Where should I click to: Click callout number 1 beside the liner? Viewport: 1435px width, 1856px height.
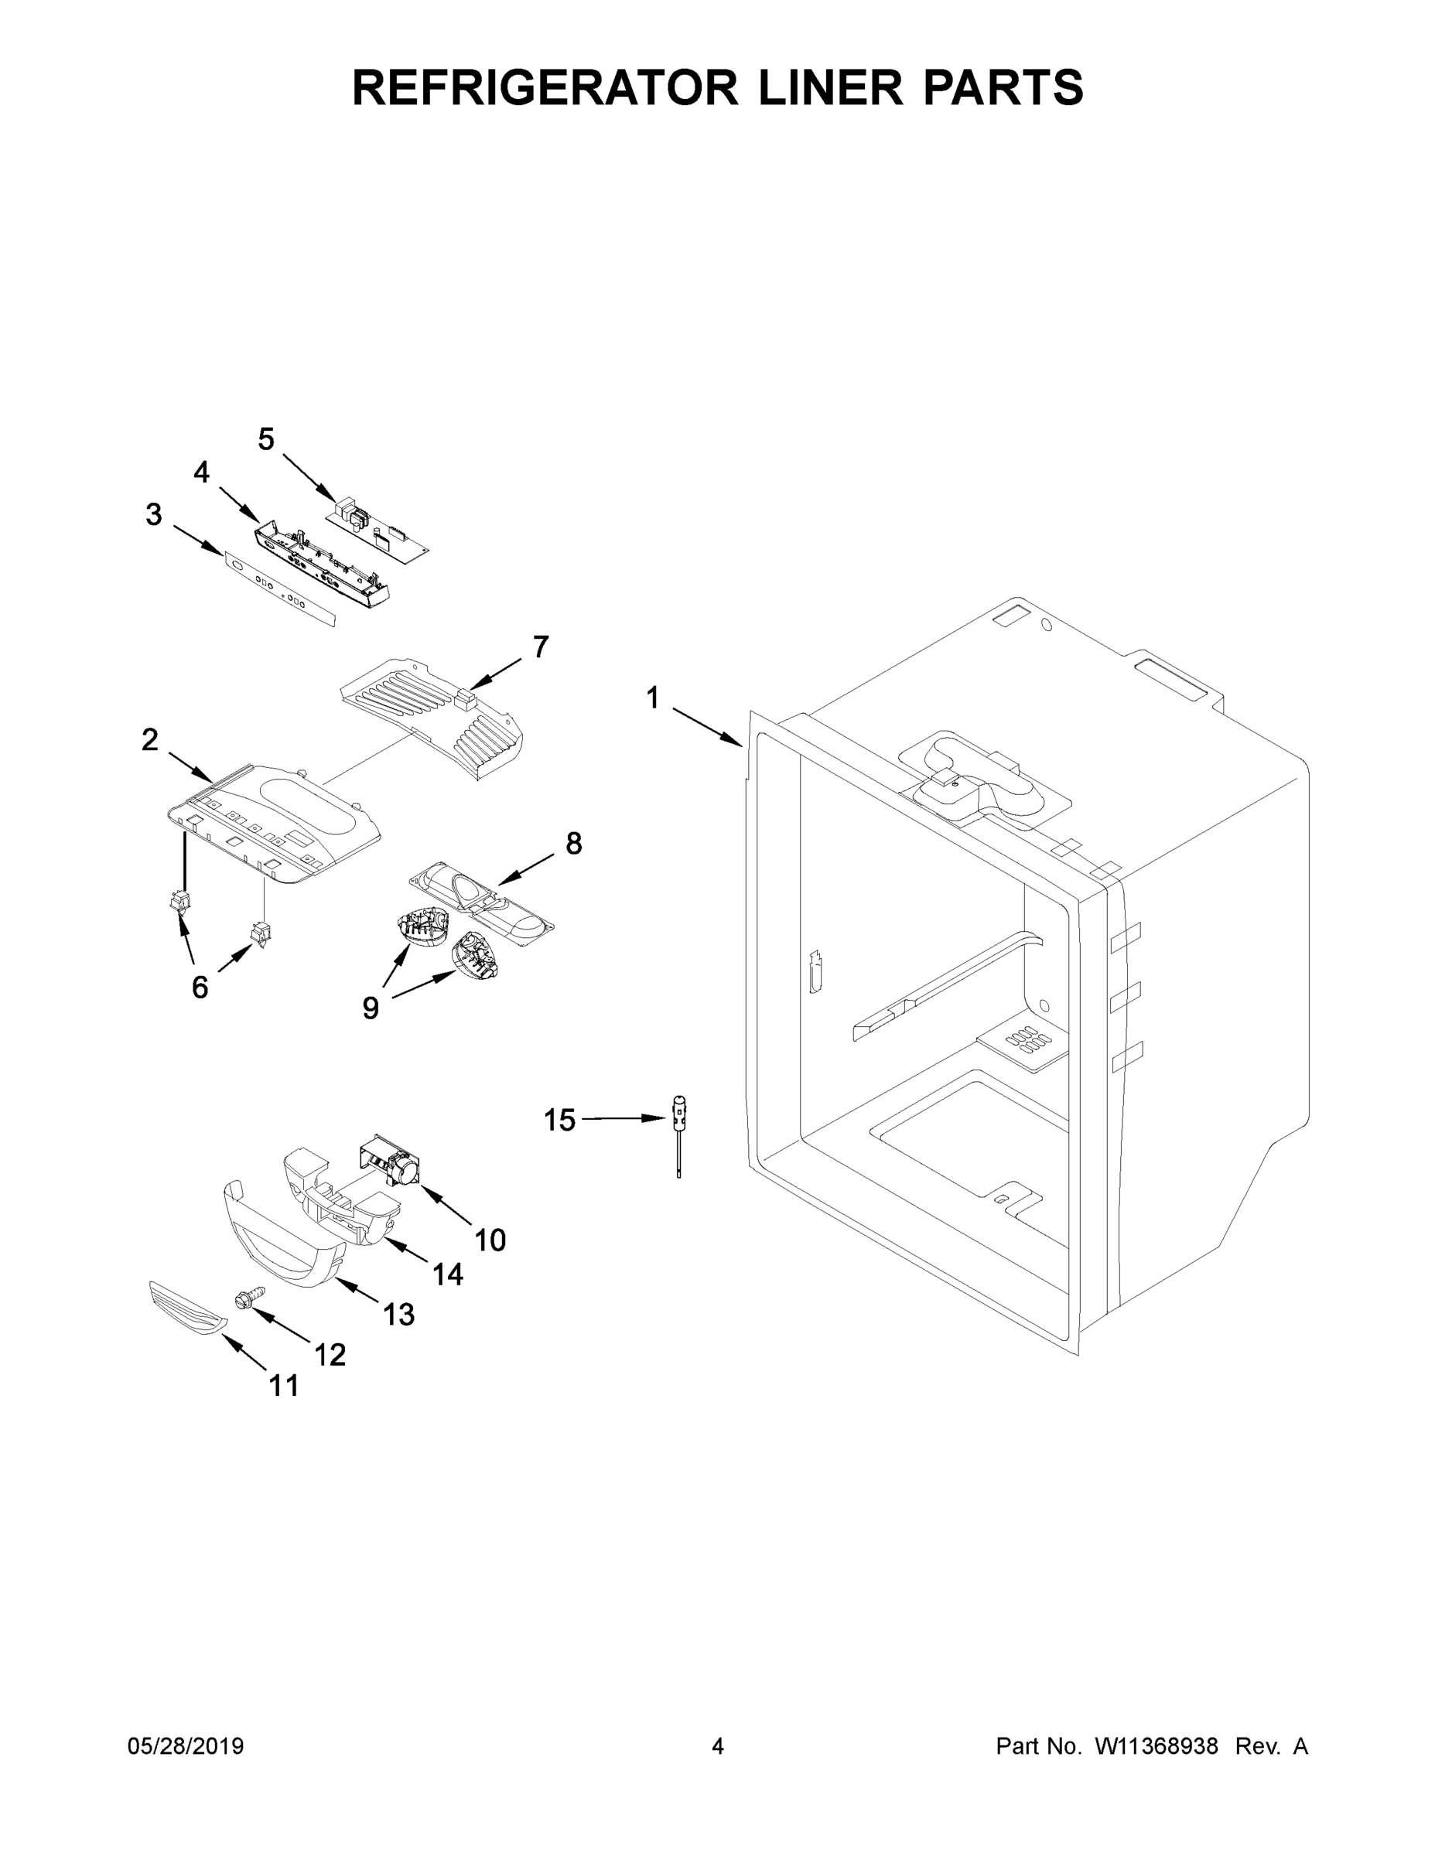(x=652, y=698)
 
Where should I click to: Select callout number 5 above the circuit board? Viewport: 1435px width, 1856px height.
(x=266, y=439)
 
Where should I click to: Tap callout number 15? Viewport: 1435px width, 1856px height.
(x=559, y=1120)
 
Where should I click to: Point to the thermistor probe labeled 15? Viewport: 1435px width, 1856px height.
(x=679, y=1134)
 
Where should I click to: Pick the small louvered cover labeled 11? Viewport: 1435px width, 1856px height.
(x=188, y=1309)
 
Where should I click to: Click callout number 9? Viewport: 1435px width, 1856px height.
(x=371, y=1008)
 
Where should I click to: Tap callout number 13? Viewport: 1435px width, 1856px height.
(x=398, y=1314)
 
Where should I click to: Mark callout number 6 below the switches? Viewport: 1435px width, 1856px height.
(x=199, y=987)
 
